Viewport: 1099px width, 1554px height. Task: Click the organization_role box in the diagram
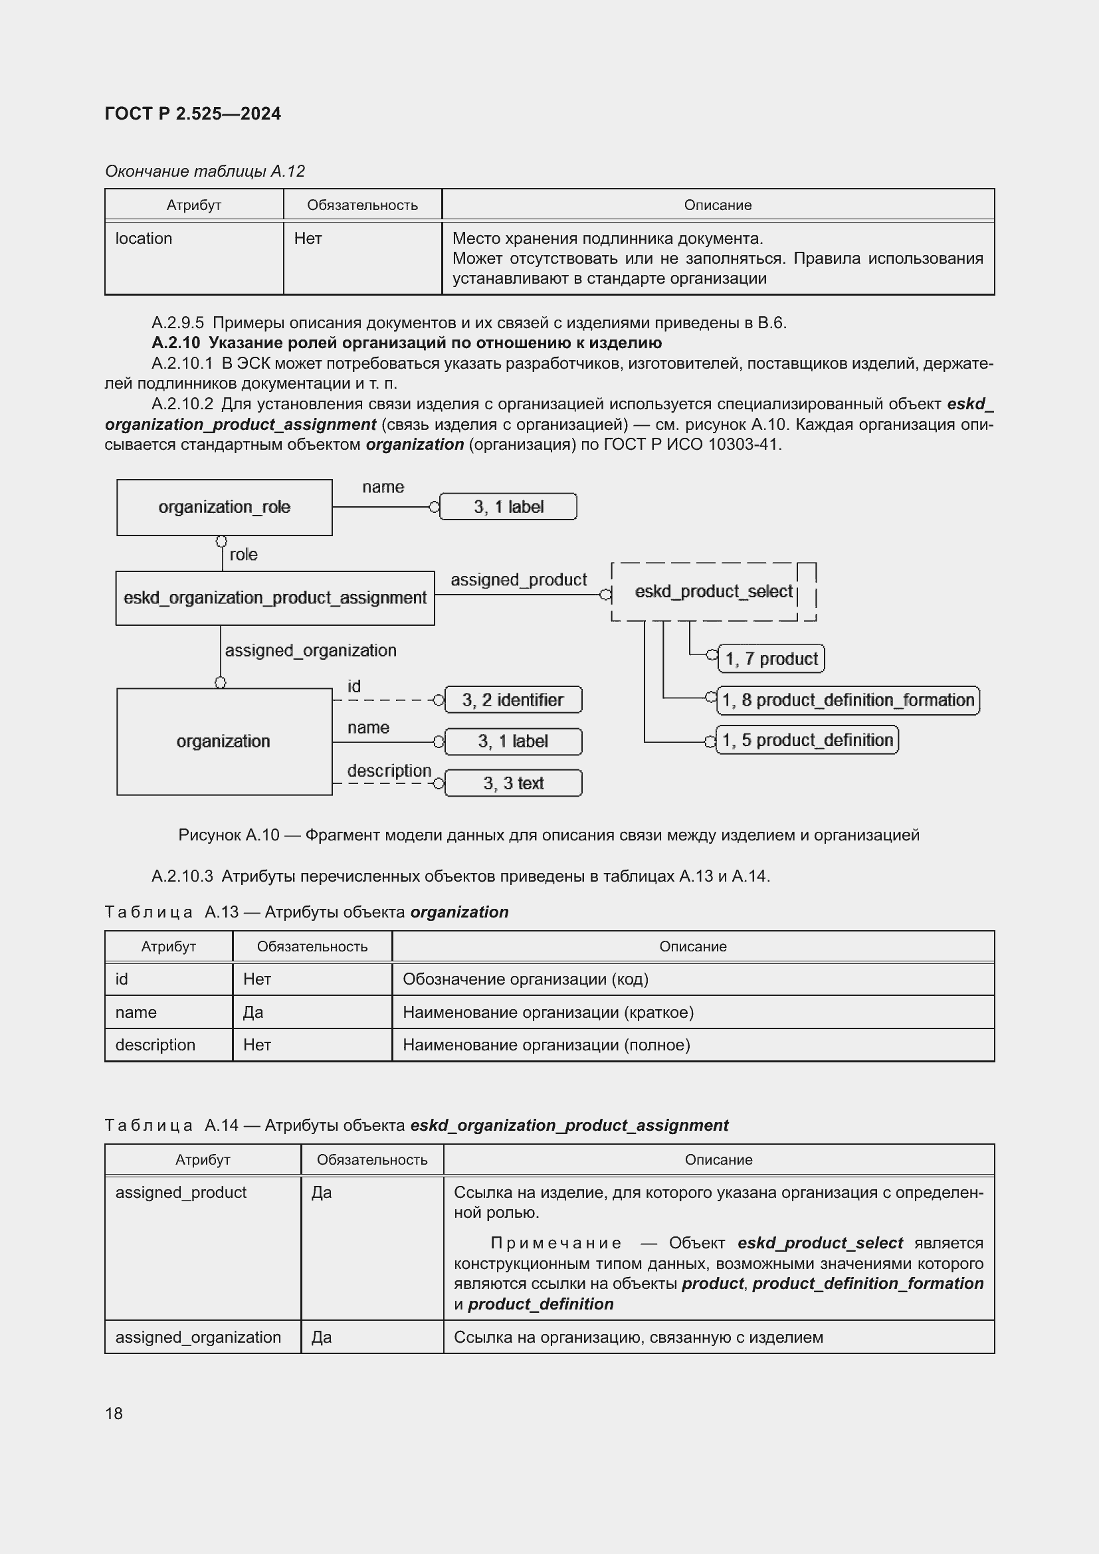pyautogui.click(x=224, y=507)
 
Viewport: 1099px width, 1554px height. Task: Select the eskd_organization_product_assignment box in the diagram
pyautogui.click(x=275, y=598)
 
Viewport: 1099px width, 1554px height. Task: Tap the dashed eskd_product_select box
pyautogui.click(x=712, y=591)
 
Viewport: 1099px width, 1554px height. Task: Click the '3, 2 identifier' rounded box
pyautogui.click(x=513, y=700)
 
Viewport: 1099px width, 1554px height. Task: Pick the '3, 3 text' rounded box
pyautogui.click(x=513, y=783)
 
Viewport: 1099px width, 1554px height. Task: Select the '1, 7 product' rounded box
pyautogui.click(x=771, y=658)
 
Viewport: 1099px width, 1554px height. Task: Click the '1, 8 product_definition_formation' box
pyautogui.click(x=847, y=700)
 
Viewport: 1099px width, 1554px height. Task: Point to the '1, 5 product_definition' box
pyautogui.click(x=807, y=739)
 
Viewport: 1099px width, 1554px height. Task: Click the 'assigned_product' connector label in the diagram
pyautogui.click(x=518, y=579)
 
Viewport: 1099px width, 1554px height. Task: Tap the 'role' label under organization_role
pyautogui.click(x=243, y=554)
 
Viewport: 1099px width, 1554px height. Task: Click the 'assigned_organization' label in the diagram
pyautogui.click(x=310, y=650)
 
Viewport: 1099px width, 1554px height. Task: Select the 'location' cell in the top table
pyautogui.click(x=144, y=239)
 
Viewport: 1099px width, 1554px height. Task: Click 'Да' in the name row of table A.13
pyautogui.click(x=253, y=1012)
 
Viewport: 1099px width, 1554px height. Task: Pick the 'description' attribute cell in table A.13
pyautogui.click(x=155, y=1044)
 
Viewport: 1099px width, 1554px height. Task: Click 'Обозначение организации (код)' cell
pyautogui.click(x=525, y=979)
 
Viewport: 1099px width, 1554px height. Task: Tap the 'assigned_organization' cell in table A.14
pyautogui.click(x=197, y=1337)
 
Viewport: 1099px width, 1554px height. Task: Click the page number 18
pyautogui.click(x=114, y=1413)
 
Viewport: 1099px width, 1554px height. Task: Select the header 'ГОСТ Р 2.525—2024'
pyautogui.click(x=193, y=114)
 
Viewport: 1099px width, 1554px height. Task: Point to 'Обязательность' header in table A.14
pyautogui.click(x=371, y=1159)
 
